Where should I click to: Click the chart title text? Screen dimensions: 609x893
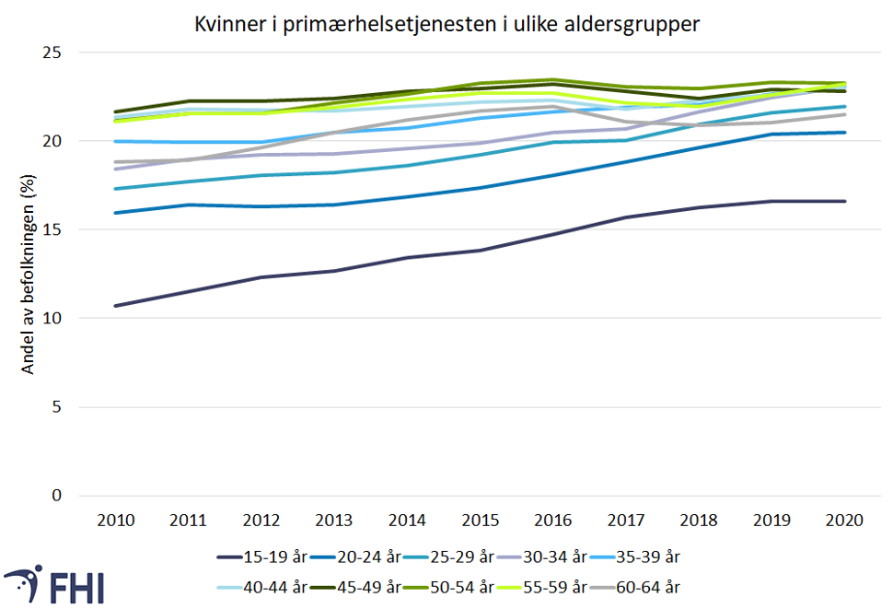click(446, 25)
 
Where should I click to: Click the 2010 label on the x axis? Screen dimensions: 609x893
click(116, 520)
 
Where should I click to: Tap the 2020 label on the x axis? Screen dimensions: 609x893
click(845, 520)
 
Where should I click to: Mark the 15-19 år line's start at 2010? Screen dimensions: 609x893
click(116, 306)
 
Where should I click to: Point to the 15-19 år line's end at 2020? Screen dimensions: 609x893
click(845, 201)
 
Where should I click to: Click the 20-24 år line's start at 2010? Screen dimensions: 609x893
click(116, 213)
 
